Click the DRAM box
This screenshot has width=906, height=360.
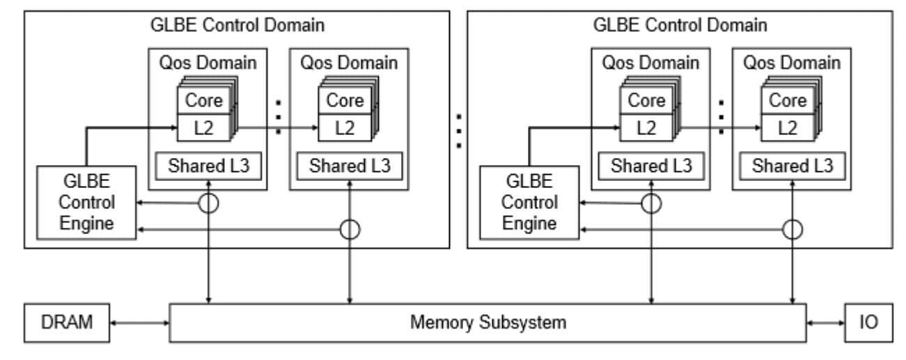[66, 323]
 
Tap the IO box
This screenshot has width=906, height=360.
[868, 323]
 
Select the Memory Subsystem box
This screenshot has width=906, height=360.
[487, 323]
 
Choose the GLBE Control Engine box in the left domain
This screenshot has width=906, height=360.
[86, 203]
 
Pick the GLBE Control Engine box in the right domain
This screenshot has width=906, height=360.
[529, 203]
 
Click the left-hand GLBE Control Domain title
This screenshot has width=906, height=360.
[237, 26]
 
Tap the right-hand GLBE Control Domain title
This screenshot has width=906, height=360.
[680, 26]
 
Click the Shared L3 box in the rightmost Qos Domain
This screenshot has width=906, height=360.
[792, 167]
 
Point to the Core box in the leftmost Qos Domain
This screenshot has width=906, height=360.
[203, 100]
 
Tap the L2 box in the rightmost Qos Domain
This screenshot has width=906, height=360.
[787, 127]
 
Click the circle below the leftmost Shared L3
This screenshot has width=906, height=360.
[208, 203]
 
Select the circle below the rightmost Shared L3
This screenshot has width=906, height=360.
[792, 229]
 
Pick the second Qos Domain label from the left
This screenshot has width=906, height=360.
[349, 62]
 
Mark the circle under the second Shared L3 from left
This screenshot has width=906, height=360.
[349, 229]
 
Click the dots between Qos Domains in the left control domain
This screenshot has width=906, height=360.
[279, 115]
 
